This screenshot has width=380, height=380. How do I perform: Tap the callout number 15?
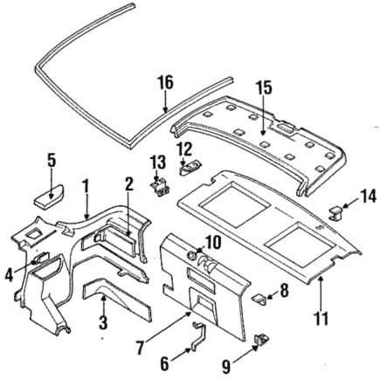[x=265, y=87]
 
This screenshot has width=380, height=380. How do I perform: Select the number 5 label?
[x=51, y=160]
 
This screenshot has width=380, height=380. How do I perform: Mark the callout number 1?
[x=86, y=186]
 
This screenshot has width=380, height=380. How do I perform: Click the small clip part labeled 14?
[x=337, y=209]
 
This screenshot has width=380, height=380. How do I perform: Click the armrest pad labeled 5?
[x=49, y=192]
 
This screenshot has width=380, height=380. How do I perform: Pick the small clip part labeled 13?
[x=160, y=185]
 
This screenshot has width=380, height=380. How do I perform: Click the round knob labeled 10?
[x=191, y=255]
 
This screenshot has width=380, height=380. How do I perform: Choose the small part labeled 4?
[x=40, y=259]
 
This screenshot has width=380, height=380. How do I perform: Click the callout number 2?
[x=128, y=183]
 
